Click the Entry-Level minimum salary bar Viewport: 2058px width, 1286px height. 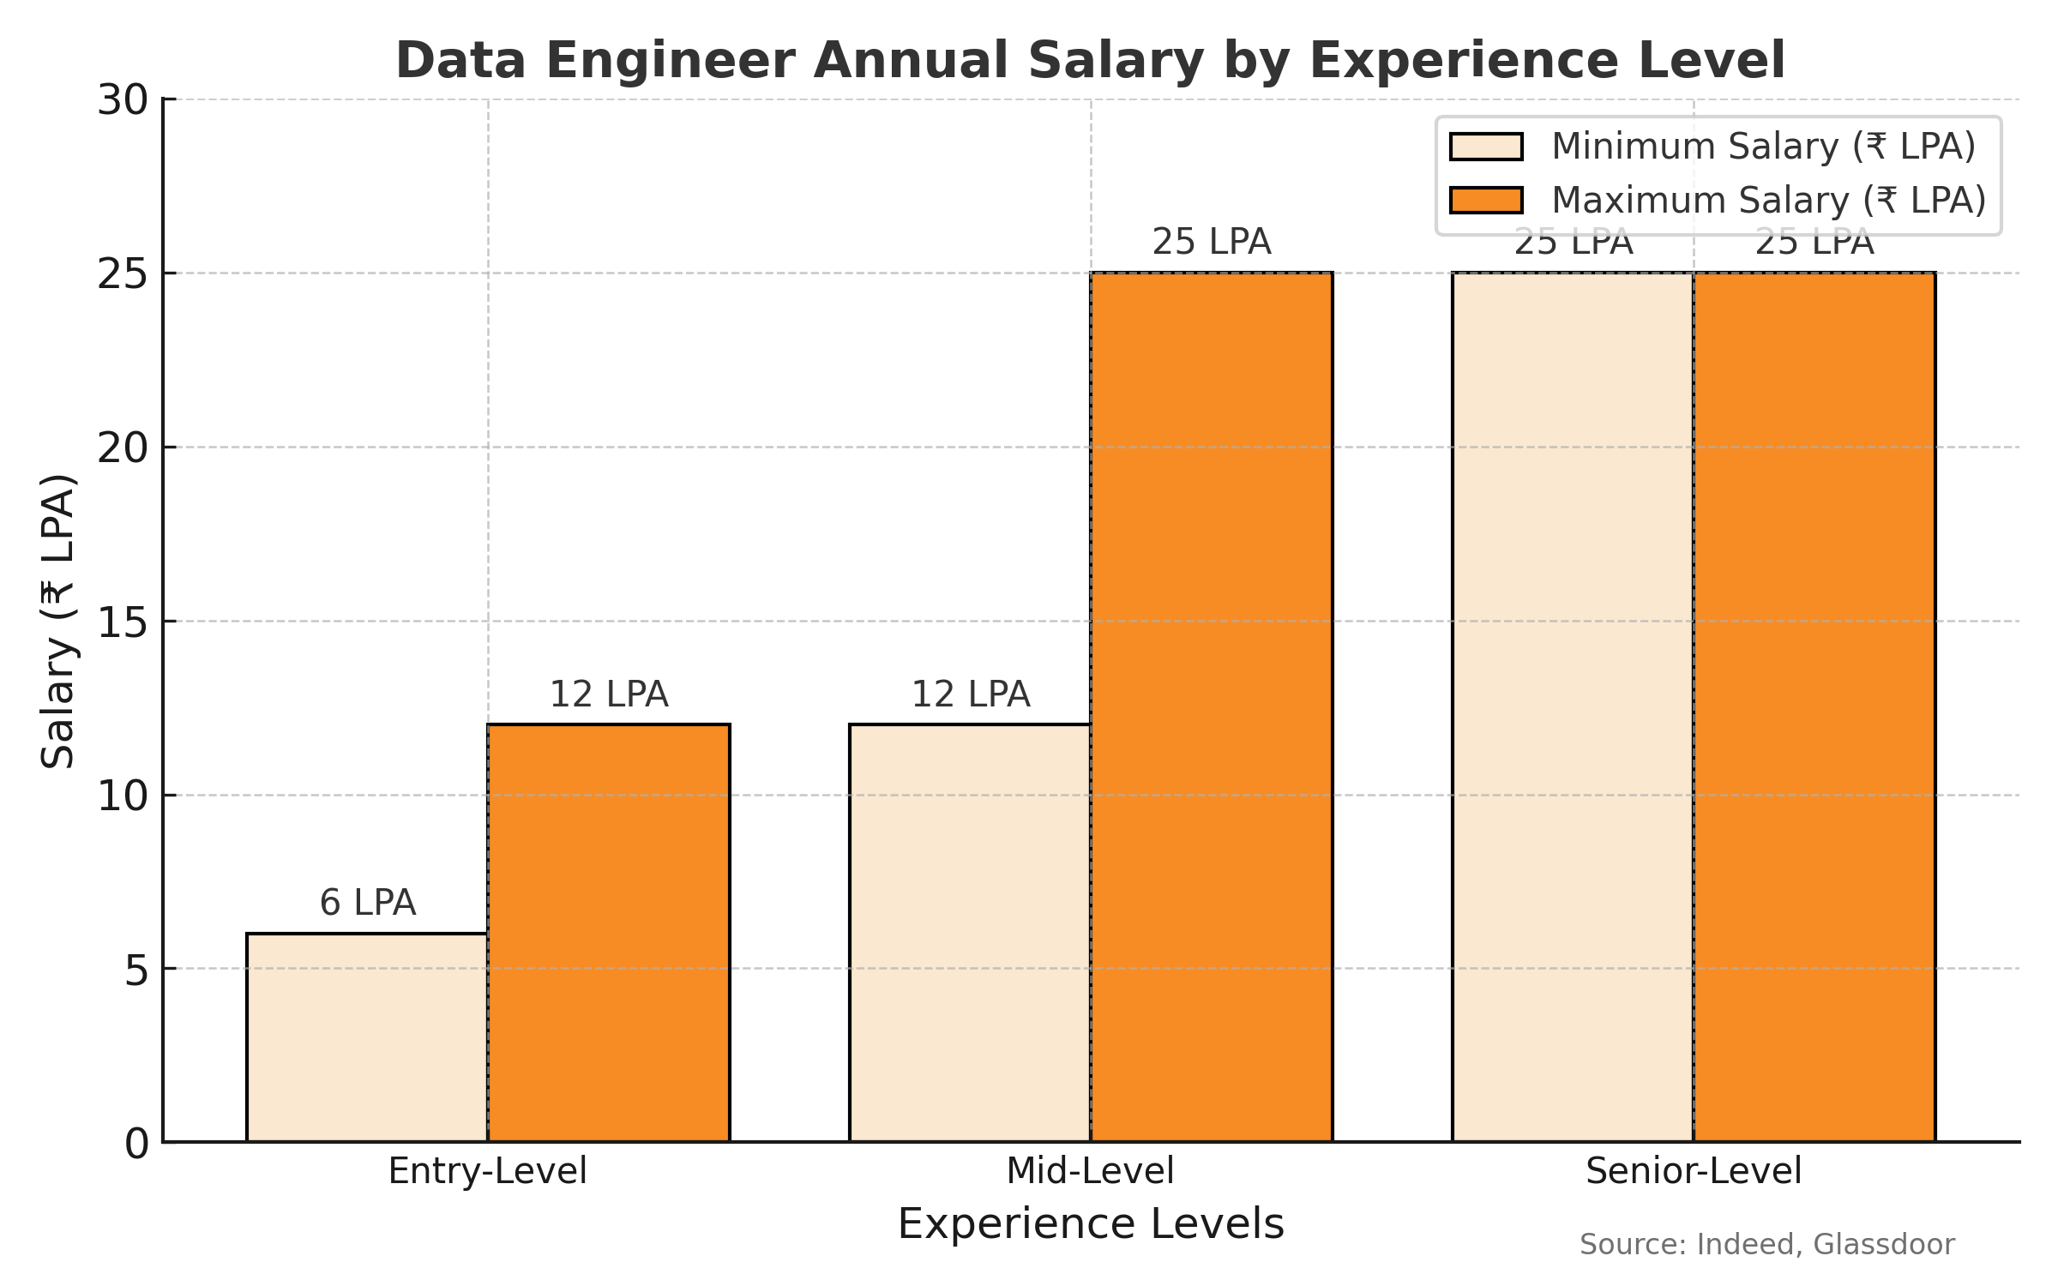tap(367, 1037)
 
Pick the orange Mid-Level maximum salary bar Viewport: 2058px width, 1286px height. tap(1212, 707)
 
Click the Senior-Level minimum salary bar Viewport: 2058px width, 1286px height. tap(1573, 707)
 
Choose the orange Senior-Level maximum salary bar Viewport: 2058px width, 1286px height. tap(1814, 707)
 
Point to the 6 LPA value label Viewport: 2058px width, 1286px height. tap(367, 903)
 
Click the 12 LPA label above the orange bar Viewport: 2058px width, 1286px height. tap(609, 694)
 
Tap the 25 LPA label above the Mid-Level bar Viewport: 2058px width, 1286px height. tap(1211, 242)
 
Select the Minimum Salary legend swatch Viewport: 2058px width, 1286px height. tap(1486, 147)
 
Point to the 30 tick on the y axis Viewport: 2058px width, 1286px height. tap(123, 100)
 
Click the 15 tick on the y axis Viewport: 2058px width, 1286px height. tap(123, 622)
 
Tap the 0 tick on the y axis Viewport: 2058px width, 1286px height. tap(136, 1143)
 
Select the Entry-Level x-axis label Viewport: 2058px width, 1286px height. tap(487, 1171)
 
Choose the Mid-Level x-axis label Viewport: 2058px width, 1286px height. tap(1090, 1171)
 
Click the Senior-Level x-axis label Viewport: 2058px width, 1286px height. tap(1694, 1171)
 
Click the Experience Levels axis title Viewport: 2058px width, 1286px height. tap(1091, 1223)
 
